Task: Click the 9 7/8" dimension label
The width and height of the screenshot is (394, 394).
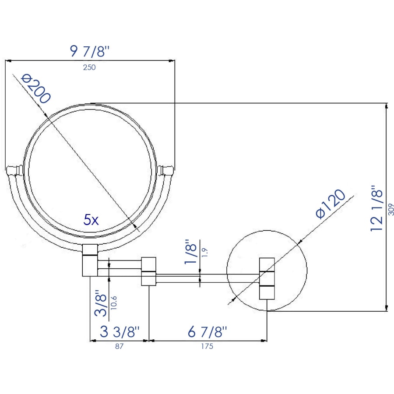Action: click(90, 52)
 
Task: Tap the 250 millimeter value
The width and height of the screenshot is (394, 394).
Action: click(89, 67)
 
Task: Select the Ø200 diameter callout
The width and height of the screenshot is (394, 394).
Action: click(36, 89)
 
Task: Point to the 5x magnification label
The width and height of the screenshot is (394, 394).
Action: click(91, 220)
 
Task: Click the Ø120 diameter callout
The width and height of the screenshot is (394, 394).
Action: click(331, 204)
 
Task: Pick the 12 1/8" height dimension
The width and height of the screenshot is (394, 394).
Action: click(376, 208)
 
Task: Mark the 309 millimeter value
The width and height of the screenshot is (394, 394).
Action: click(391, 209)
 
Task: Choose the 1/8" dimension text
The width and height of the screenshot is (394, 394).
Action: click(190, 252)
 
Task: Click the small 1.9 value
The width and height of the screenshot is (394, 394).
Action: click(204, 252)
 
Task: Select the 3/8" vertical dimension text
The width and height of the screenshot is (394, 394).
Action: click(101, 303)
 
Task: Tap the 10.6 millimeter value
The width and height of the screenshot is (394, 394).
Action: click(113, 303)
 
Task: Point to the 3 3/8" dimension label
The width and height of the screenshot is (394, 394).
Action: click(120, 331)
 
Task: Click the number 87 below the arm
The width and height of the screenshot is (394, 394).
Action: click(120, 346)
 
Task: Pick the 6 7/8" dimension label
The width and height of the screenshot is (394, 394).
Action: click(208, 331)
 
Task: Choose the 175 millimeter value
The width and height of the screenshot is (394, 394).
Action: click(207, 346)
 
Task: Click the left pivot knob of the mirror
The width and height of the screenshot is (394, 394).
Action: click(14, 170)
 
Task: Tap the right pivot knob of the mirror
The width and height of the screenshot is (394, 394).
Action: click(165, 170)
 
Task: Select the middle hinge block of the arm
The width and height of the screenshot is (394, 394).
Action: click(148, 271)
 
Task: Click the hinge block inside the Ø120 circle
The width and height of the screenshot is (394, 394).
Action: click(267, 278)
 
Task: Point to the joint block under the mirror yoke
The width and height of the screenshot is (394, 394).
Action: click(90, 260)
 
